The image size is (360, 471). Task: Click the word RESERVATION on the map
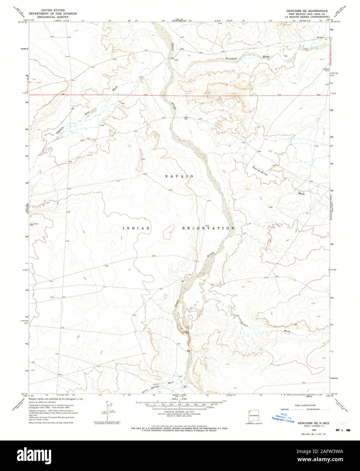[208, 228]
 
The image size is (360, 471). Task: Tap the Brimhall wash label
[234, 59]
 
